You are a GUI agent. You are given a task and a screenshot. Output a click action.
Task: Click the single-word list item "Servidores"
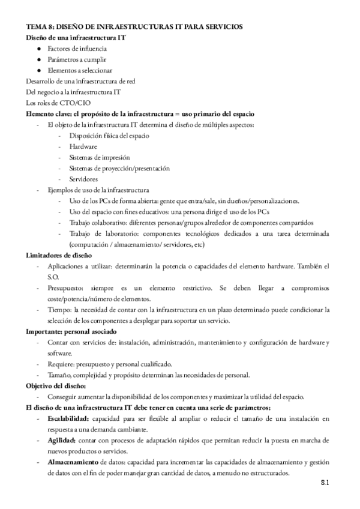[x=84, y=179]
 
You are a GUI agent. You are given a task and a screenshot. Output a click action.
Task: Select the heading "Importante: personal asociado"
[x=71, y=331]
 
